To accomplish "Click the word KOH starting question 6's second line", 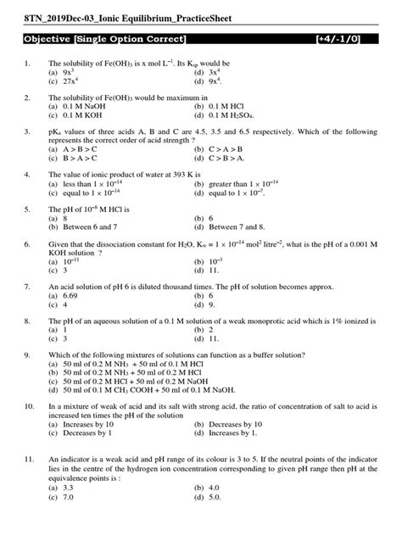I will click(59, 252).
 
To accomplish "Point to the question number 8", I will click(29, 321).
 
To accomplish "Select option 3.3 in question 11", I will click(67, 489).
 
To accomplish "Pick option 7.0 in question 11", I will click(67, 498).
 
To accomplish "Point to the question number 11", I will click(30, 458).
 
